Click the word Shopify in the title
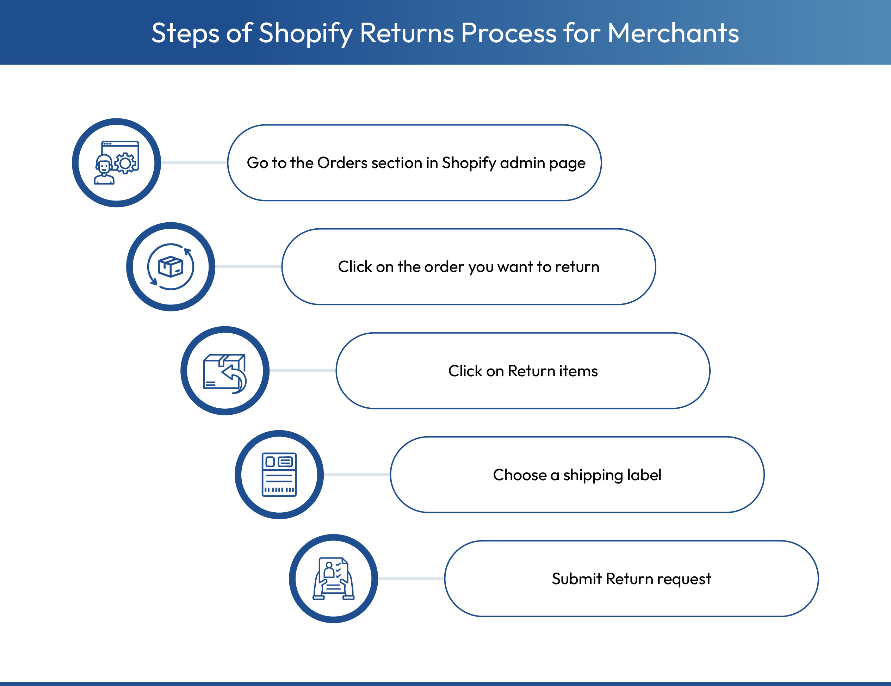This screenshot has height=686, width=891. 305,33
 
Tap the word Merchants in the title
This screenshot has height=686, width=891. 673,33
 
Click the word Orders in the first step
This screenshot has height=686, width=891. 342,163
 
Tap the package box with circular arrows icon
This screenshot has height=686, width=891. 171,267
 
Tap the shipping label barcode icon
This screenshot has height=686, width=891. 279,475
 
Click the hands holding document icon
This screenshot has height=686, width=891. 333,579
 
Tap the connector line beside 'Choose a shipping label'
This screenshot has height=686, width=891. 357,475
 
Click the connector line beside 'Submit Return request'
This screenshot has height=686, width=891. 411,579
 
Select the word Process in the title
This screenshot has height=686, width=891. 509,33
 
